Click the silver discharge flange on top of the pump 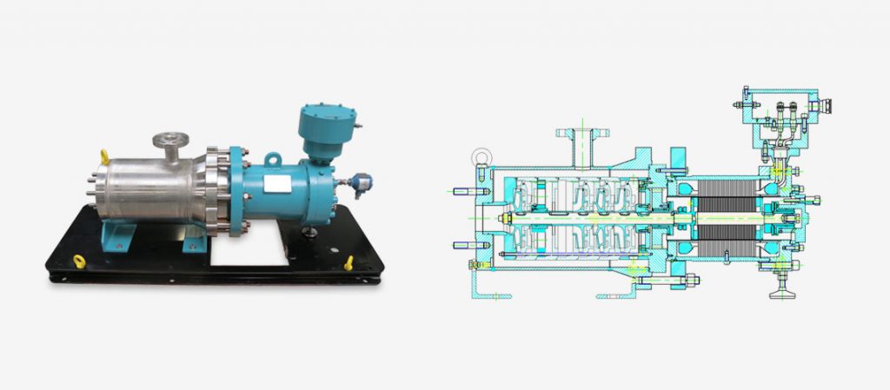[x=170, y=140]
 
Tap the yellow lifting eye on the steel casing [x=104, y=156]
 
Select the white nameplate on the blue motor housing [x=280, y=185]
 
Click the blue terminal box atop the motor [x=322, y=129]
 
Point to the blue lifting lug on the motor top [x=273, y=160]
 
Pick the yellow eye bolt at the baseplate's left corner [x=78, y=260]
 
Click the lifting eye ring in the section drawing [x=479, y=159]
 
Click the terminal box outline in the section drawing [x=777, y=113]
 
